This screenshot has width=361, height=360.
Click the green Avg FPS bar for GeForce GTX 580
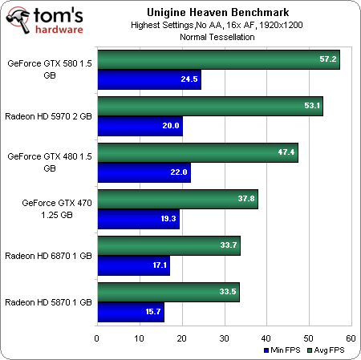[x=217, y=60]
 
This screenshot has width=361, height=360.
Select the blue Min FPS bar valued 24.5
[x=148, y=79]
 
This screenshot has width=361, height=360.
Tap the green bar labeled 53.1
[x=209, y=106]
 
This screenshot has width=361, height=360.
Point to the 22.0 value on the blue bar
[x=178, y=172]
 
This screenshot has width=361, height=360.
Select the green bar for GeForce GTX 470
[x=176, y=199]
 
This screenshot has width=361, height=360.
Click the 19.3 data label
[x=167, y=218]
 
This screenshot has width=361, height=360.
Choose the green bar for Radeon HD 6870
[x=168, y=245]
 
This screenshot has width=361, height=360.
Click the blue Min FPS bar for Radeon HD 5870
[x=130, y=311]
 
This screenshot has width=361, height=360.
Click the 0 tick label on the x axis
[x=97, y=338]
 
